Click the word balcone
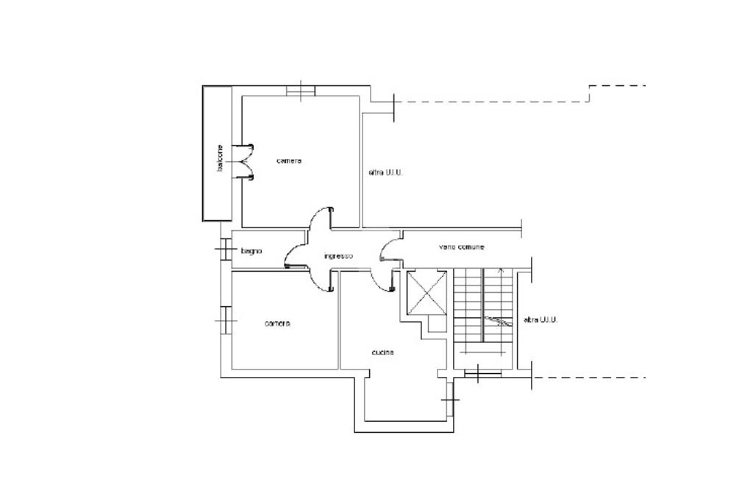pos(219,158)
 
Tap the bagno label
pos(251,251)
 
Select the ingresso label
pos(338,256)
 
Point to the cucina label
pos(382,353)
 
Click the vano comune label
pos(461,247)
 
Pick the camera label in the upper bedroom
pos(289,160)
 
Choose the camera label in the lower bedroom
pos(277,324)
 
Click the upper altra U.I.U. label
pos(385,172)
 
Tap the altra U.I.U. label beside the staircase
pos(540,319)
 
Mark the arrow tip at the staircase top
pos(501,269)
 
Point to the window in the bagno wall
pos(224,250)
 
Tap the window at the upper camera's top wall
pos(301,91)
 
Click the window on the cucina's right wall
pos(449,399)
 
